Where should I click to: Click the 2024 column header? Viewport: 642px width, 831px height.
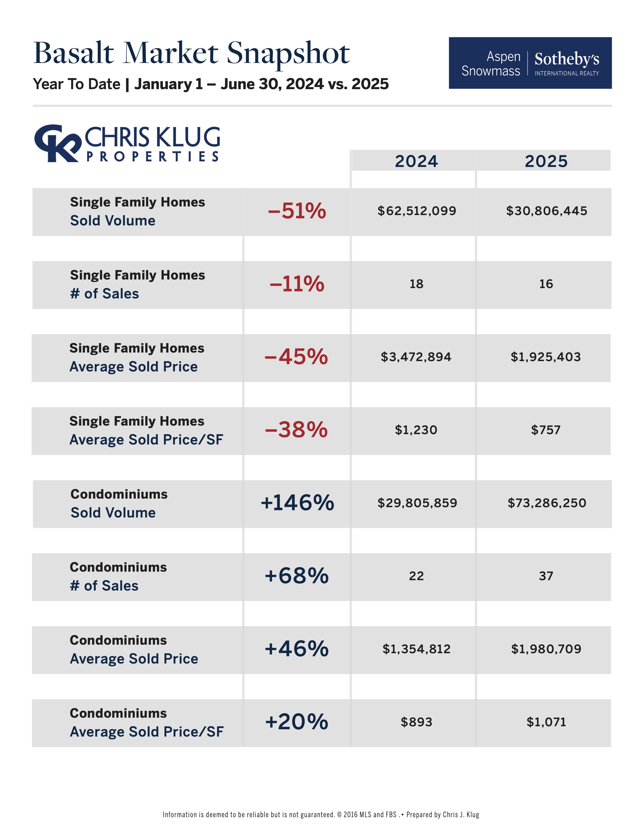[x=416, y=161]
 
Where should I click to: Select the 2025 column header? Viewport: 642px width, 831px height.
[x=546, y=161]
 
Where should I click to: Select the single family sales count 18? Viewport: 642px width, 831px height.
[x=416, y=284]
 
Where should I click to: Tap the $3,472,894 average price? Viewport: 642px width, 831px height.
[x=416, y=357]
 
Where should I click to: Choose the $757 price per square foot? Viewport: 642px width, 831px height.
[x=546, y=430]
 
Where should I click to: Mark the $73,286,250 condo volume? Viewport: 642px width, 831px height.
[x=547, y=503]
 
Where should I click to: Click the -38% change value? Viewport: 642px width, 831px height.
[x=296, y=430]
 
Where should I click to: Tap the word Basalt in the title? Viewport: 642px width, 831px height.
[x=74, y=53]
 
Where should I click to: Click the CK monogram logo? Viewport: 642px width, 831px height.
[x=57, y=143]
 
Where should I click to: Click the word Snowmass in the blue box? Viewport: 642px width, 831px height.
[x=491, y=71]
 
